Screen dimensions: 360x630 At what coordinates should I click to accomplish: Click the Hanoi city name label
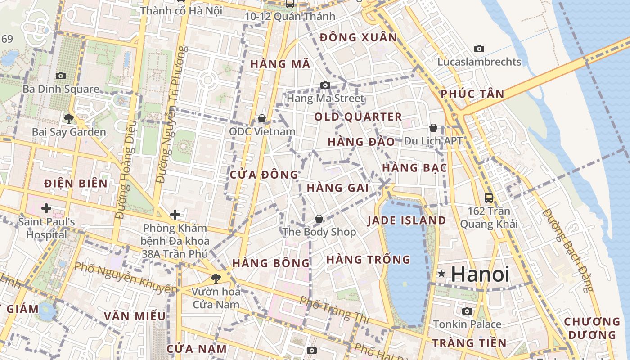[x=480, y=274]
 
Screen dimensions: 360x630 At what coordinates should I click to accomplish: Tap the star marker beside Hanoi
[x=441, y=274]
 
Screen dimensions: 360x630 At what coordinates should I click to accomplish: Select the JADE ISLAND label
[x=406, y=220]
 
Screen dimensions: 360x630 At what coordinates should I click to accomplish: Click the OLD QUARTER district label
[x=358, y=117]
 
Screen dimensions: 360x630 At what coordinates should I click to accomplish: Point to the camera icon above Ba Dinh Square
[x=60, y=76]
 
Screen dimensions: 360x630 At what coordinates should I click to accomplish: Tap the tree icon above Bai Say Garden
[x=68, y=119]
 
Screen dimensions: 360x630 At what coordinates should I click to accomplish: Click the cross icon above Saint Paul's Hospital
[x=46, y=208]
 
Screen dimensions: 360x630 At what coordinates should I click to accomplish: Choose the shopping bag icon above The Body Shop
[x=319, y=219]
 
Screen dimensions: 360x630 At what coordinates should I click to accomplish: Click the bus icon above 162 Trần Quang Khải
[x=488, y=198]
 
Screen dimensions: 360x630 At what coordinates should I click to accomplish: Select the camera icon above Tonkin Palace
[x=467, y=311]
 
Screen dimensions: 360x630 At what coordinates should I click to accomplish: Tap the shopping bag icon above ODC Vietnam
[x=261, y=118]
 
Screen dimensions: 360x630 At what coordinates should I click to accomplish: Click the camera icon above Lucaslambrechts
[x=479, y=49]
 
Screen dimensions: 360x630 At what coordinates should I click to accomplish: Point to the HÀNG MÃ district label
[x=280, y=64]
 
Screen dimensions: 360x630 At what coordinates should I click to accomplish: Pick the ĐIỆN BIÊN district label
[x=76, y=183]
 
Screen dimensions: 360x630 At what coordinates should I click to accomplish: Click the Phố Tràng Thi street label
[x=334, y=310]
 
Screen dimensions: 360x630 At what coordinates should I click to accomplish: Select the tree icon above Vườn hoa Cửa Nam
[x=216, y=278]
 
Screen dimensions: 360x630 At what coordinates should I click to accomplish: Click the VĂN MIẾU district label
[x=135, y=316]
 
